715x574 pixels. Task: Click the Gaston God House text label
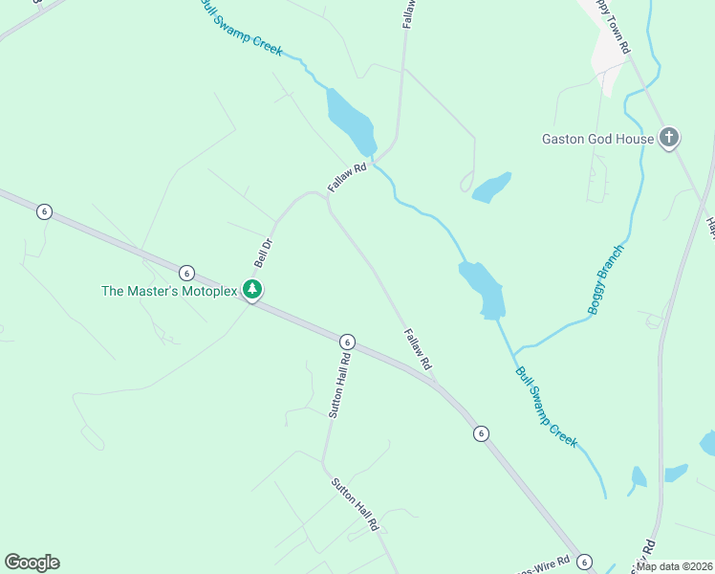(597, 139)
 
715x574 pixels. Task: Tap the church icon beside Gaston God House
(669, 138)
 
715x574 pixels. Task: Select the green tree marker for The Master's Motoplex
(251, 289)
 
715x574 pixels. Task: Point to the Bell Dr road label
(263, 253)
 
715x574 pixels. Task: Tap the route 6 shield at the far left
(44, 211)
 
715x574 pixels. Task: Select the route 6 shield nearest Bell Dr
(186, 273)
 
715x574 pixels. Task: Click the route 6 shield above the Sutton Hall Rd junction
(347, 342)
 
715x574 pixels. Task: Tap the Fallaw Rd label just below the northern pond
(347, 178)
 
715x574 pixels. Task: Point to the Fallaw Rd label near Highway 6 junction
(418, 350)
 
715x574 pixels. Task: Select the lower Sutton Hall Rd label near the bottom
(356, 504)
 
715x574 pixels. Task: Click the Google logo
(32, 562)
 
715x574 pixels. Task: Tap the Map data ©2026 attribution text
(675, 566)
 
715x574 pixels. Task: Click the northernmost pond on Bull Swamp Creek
(348, 121)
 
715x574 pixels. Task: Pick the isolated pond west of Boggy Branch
(490, 188)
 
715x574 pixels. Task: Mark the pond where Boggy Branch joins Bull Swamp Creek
(484, 288)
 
